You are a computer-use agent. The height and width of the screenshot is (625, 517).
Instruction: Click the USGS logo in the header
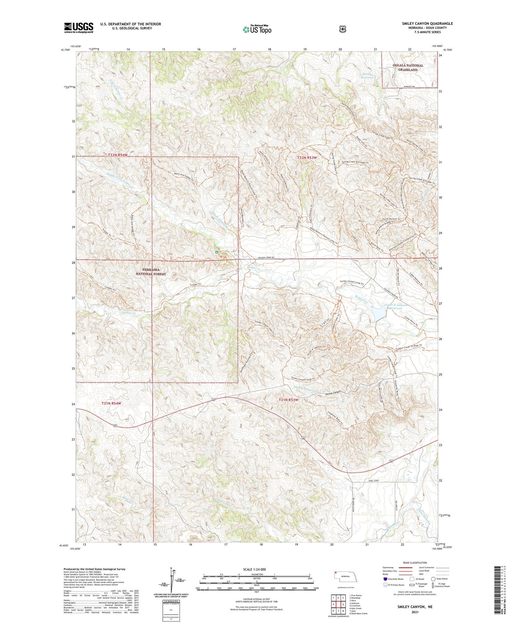79,28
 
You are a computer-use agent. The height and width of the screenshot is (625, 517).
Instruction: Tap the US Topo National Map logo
257,29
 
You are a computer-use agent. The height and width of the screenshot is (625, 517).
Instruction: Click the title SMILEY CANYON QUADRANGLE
427,23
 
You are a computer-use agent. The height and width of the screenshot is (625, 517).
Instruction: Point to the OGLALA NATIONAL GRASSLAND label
408,68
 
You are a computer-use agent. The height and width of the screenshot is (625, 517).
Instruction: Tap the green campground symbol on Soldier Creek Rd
216,252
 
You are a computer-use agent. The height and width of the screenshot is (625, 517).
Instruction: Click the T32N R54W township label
118,155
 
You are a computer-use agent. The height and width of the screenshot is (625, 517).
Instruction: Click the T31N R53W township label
288,400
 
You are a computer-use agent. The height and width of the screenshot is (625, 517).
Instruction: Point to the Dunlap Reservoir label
367,75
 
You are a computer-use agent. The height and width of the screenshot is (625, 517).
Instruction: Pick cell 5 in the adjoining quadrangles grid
343,604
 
